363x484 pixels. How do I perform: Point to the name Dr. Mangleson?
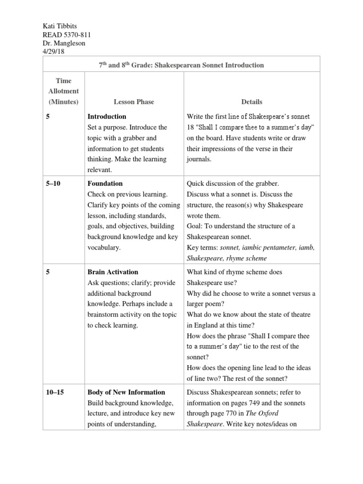point(63,43)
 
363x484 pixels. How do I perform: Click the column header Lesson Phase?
point(134,102)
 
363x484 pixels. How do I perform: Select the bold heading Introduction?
point(107,116)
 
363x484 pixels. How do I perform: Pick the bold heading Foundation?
point(105,183)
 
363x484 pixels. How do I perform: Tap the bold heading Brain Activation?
point(113,272)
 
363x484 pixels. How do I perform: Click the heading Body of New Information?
point(126,392)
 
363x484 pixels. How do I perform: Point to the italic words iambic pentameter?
point(270,248)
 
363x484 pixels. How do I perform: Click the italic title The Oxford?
point(273,414)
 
